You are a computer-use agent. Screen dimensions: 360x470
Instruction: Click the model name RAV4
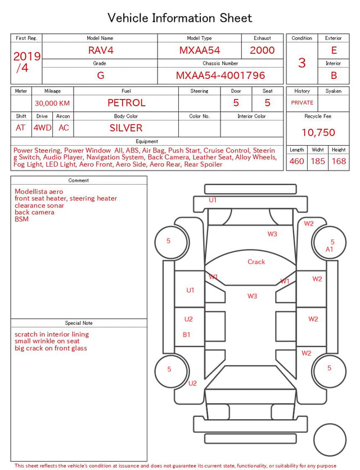tap(101, 50)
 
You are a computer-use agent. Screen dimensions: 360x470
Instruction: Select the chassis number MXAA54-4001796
tap(220, 75)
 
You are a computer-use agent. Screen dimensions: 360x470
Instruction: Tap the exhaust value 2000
tap(262, 50)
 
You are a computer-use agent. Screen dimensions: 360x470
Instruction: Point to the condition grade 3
tap(302, 62)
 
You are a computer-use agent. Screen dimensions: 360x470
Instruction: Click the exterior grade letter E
tap(334, 50)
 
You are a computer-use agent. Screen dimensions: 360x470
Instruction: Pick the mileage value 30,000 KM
tap(52, 103)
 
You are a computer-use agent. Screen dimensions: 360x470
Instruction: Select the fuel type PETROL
tap(127, 103)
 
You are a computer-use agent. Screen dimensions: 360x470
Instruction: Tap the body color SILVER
tap(126, 128)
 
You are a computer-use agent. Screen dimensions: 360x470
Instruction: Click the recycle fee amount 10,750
tap(318, 132)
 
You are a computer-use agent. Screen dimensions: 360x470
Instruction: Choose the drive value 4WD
tap(42, 128)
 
